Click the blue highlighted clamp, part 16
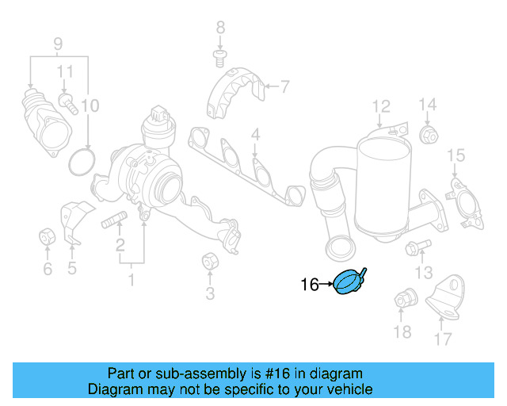[x=349, y=282]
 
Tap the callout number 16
[x=310, y=283]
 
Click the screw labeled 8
[x=221, y=54]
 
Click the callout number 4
[x=256, y=136]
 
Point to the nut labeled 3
[x=210, y=260]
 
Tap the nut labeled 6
[x=47, y=236]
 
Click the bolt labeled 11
[x=67, y=103]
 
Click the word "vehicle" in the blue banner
[x=347, y=389]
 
